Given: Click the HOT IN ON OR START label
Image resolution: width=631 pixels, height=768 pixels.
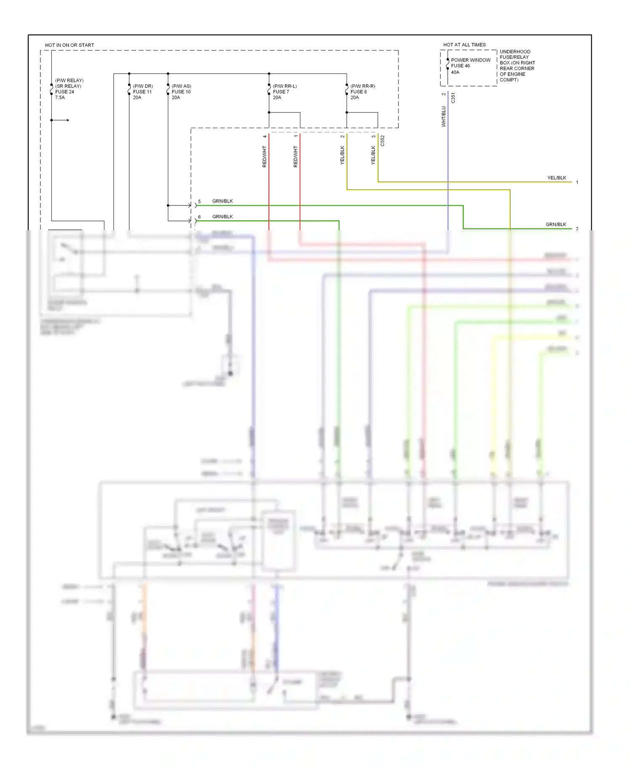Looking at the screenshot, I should pos(69,45).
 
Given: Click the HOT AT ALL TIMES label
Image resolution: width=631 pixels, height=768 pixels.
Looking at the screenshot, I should pos(464,45).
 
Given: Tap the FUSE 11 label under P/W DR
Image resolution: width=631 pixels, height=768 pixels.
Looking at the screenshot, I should pos(142,92).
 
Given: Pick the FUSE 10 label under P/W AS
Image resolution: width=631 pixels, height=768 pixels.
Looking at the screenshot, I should pos(181,92).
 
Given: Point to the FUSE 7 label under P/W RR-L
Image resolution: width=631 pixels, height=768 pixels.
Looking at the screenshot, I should pos(281,92).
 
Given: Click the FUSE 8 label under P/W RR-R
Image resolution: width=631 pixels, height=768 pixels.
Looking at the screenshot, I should pos(358,92).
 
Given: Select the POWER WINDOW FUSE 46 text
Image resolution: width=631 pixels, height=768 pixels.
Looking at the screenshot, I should pos(470,63).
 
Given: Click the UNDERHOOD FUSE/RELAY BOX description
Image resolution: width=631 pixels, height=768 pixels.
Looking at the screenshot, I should pos(517,66).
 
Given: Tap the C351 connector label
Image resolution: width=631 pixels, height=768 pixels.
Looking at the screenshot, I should pos(453,98).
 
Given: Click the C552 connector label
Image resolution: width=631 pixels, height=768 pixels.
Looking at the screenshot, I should pos(382,141).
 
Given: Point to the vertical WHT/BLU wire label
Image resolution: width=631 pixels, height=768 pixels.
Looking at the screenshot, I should pos(443,116).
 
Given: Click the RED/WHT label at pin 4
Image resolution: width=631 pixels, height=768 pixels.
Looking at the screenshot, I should pos(265,157).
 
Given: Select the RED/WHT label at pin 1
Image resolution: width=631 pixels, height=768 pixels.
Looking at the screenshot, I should pos(295,157).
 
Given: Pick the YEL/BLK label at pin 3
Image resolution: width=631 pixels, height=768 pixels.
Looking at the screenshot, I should pos(373,155).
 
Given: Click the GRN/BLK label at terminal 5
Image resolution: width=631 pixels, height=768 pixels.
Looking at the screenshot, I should pos(222,201).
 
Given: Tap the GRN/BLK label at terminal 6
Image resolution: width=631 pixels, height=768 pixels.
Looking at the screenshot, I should pos(222,216).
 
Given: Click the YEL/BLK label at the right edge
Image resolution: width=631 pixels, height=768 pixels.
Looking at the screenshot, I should pos(556,178).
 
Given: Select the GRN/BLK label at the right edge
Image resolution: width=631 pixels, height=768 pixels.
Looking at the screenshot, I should pos(555,224).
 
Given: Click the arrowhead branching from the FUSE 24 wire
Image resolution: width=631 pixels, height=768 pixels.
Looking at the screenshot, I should pos(67,120).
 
